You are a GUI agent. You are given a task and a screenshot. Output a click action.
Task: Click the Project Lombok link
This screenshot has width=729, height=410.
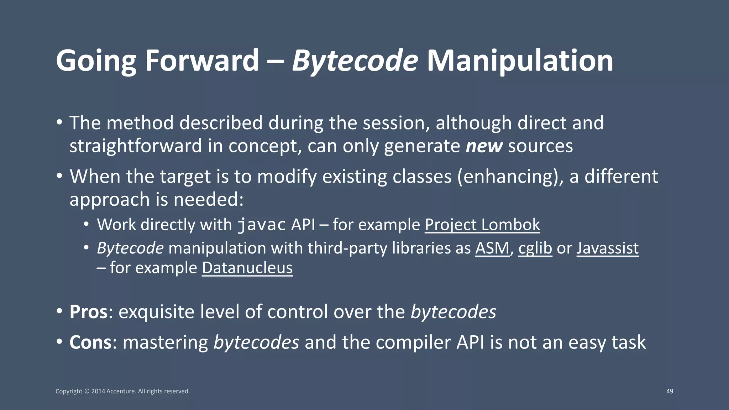482,225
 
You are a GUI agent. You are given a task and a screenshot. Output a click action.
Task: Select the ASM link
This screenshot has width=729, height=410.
492,248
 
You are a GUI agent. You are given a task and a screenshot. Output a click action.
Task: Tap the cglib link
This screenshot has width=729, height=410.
535,248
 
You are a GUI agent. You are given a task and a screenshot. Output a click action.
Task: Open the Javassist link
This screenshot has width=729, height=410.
607,248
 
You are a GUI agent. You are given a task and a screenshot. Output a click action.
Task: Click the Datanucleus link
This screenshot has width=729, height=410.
247,268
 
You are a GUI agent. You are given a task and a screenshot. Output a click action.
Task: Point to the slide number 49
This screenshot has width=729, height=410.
670,391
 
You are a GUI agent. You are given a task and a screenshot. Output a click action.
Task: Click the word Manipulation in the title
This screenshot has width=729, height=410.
520,61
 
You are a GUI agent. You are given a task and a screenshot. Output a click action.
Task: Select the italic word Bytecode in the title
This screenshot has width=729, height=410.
355,61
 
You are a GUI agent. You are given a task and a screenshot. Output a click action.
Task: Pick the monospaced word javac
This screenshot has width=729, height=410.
262,225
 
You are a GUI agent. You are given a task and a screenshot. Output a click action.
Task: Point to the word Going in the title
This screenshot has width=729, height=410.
96,61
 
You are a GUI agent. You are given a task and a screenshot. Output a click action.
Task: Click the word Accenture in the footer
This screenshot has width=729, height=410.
121,391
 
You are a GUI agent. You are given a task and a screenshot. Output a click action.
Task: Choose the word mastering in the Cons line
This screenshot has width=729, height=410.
165,342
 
